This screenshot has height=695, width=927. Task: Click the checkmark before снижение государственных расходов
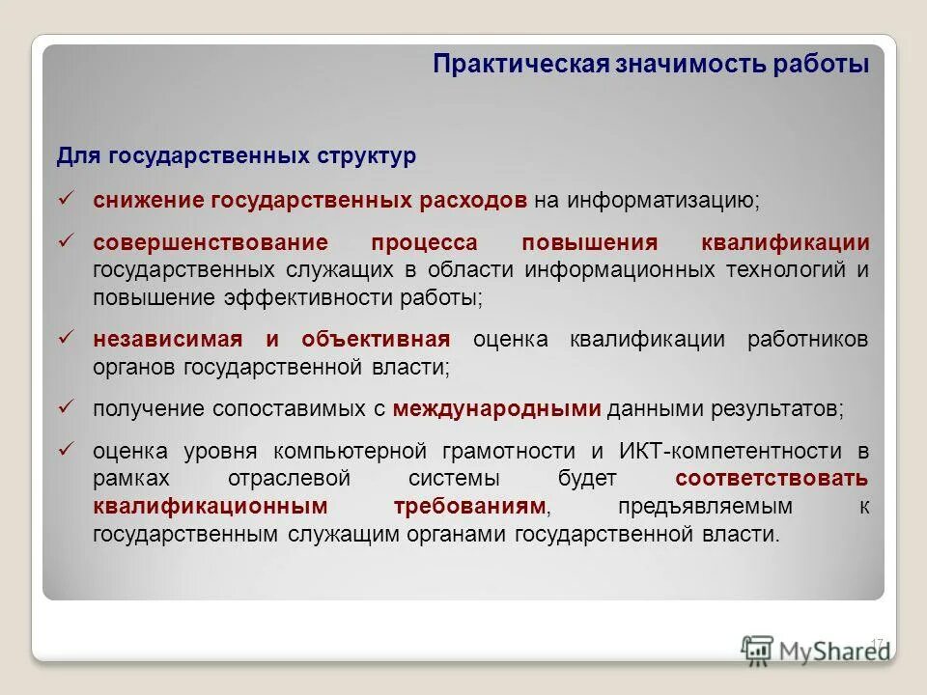67,198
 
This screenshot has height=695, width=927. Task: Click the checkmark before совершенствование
67,239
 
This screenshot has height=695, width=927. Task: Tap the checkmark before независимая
67,337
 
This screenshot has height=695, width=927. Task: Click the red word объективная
376,339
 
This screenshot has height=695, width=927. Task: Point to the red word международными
497,408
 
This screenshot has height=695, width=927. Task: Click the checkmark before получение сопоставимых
67,406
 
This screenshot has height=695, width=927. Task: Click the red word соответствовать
772,478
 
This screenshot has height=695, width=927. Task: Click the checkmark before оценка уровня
67,448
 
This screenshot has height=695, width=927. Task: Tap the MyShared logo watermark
816,651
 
